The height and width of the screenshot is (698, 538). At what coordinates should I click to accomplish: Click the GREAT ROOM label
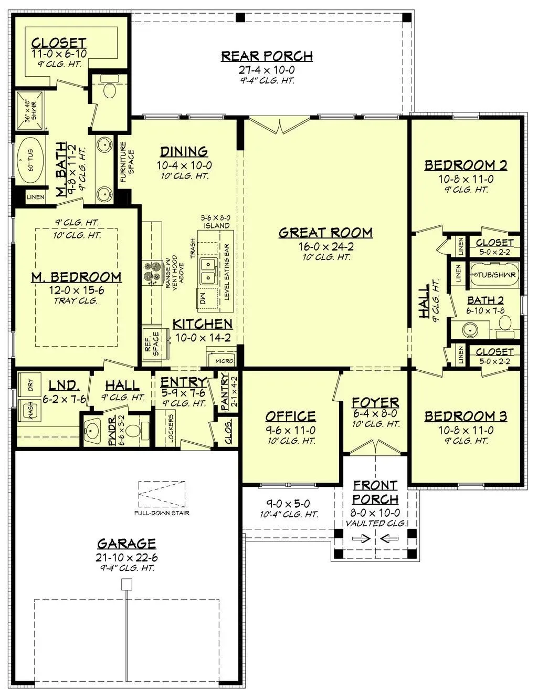click(325, 233)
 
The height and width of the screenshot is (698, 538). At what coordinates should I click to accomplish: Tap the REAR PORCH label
click(267, 56)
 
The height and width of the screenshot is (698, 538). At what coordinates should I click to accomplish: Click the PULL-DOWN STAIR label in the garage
click(162, 513)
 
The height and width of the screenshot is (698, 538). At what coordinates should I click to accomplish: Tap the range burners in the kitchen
click(152, 273)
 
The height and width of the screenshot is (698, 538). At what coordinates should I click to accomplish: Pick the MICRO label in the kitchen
click(224, 361)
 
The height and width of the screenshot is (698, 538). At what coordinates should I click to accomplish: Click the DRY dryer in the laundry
click(29, 384)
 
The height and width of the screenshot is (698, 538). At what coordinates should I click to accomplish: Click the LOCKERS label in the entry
click(170, 428)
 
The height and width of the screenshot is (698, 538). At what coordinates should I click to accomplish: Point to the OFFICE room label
click(290, 416)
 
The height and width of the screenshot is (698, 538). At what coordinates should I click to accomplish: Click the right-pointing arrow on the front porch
click(361, 538)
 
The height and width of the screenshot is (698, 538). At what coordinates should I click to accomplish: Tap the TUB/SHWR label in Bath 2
click(495, 275)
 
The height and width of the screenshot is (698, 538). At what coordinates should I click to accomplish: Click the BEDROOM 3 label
click(466, 416)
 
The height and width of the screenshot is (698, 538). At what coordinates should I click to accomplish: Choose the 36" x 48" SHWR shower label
click(31, 111)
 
